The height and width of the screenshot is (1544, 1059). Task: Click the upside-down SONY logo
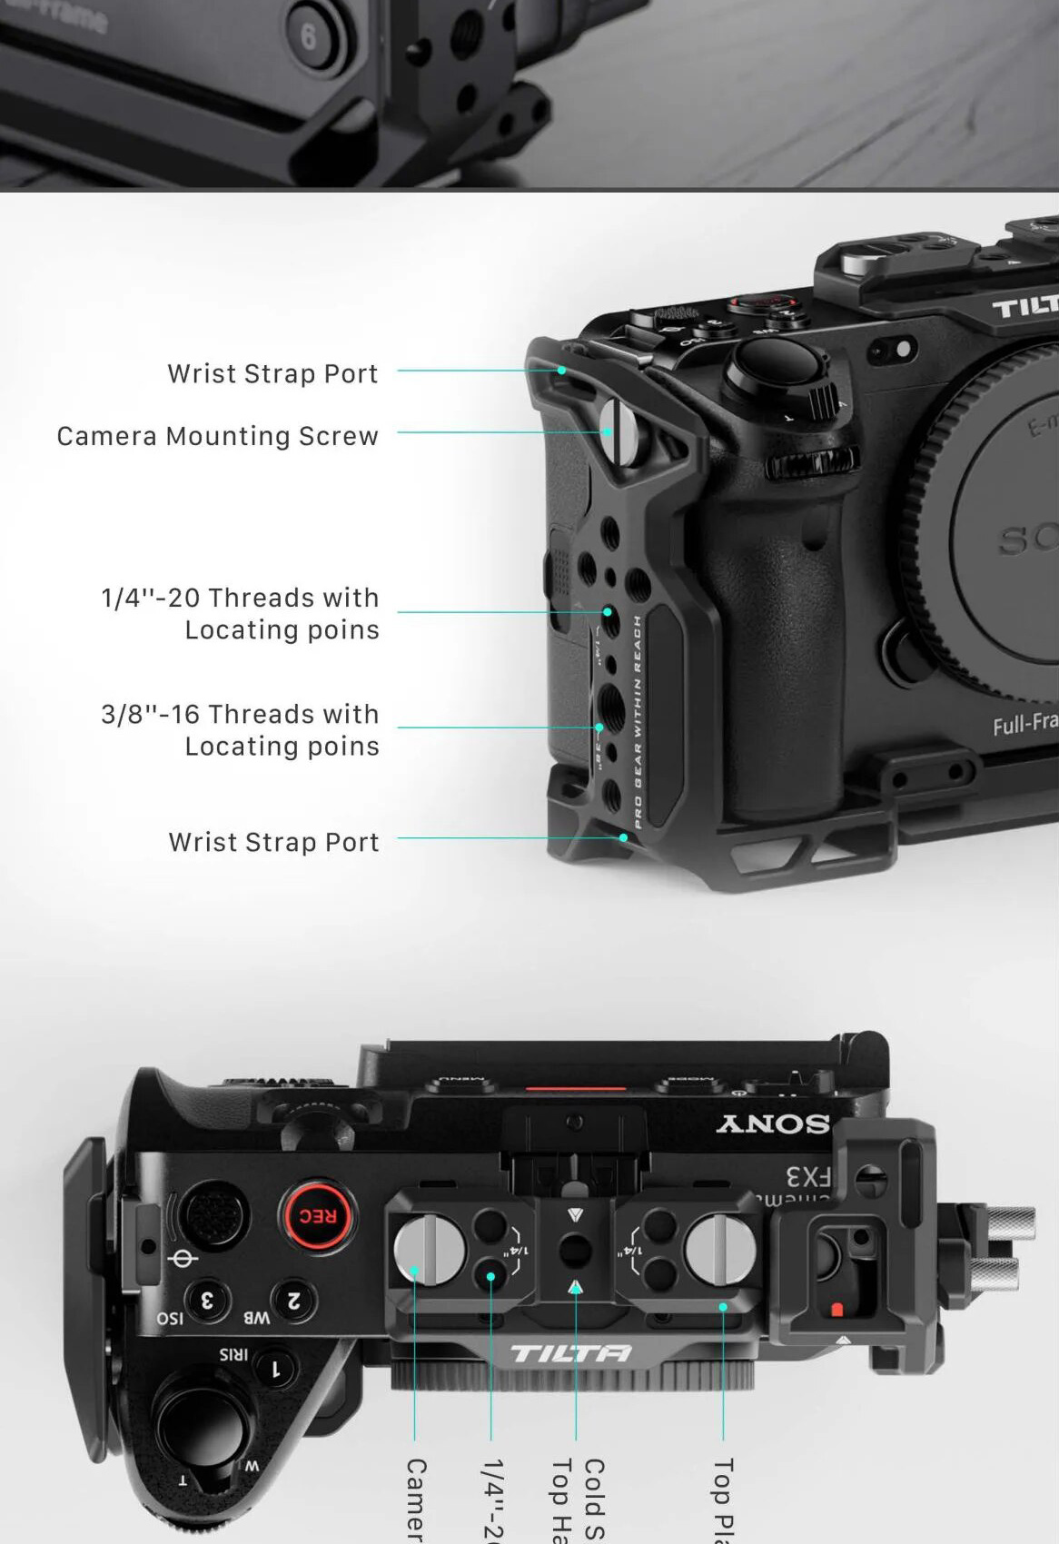[773, 1123]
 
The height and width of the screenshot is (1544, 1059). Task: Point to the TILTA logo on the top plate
[570, 1354]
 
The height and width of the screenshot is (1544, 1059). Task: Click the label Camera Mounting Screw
[218, 437]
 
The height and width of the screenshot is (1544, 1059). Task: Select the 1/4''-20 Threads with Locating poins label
[241, 614]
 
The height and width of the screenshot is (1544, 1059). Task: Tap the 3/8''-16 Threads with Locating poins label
[241, 730]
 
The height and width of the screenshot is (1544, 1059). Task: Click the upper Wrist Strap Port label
[272, 374]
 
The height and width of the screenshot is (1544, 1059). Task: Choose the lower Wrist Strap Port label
[273, 843]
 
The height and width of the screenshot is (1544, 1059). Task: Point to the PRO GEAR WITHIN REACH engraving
[638, 722]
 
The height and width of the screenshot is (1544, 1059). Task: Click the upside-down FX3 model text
[808, 1177]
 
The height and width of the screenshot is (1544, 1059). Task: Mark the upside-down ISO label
[170, 1318]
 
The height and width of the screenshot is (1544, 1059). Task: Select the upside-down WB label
[256, 1318]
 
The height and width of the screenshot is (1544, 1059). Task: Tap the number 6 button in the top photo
[310, 37]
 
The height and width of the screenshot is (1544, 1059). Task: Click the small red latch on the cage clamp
[837, 1310]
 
